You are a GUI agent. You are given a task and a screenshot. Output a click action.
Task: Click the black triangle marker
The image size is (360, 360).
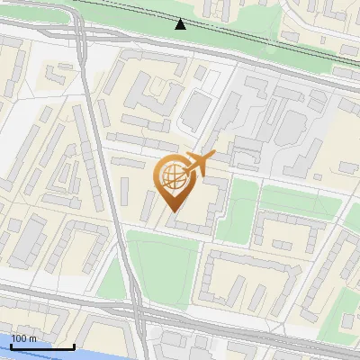pyautogui.click(x=181, y=23)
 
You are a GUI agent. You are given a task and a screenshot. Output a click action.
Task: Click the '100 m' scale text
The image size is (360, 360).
pyautogui.click(x=24, y=337)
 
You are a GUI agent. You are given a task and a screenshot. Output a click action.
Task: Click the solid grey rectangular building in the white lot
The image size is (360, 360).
pyautogui.click(x=194, y=110)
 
